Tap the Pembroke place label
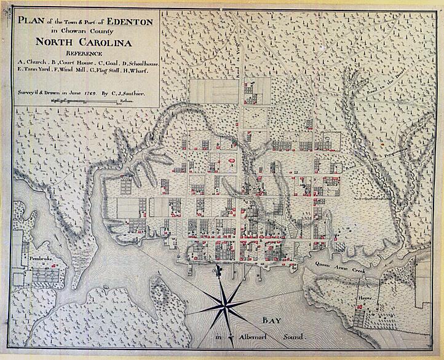(x=41, y=260)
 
